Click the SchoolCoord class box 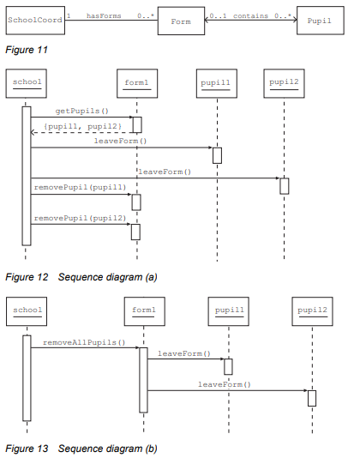pyautogui.click(x=35, y=21)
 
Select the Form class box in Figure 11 pyautogui.click(x=181, y=21)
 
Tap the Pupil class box pyautogui.click(x=321, y=21)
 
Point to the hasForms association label pyautogui.click(x=104, y=15)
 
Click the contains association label pyautogui.click(x=250, y=15)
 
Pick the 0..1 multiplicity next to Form pyautogui.click(x=218, y=15)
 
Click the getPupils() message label pyautogui.click(x=82, y=111)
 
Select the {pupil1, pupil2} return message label pyautogui.click(x=82, y=126)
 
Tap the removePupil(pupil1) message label pyautogui.click(x=80, y=187)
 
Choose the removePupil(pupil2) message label pyautogui.click(x=80, y=218)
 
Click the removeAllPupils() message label pyautogui.click(x=84, y=342)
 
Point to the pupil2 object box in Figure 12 pyautogui.click(x=284, y=83)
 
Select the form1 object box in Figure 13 pyautogui.click(x=145, y=311)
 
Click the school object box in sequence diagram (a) pyautogui.click(x=27, y=83)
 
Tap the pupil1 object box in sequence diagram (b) pyautogui.click(x=228, y=311)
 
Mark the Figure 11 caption pyautogui.click(x=27, y=50)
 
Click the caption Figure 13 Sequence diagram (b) pyautogui.click(x=81, y=449)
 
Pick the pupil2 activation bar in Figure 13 pyautogui.click(x=312, y=398)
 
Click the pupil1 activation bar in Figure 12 pyautogui.click(x=217, y=155)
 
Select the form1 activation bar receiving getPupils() pyautogui.click(x=137, y=124)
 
